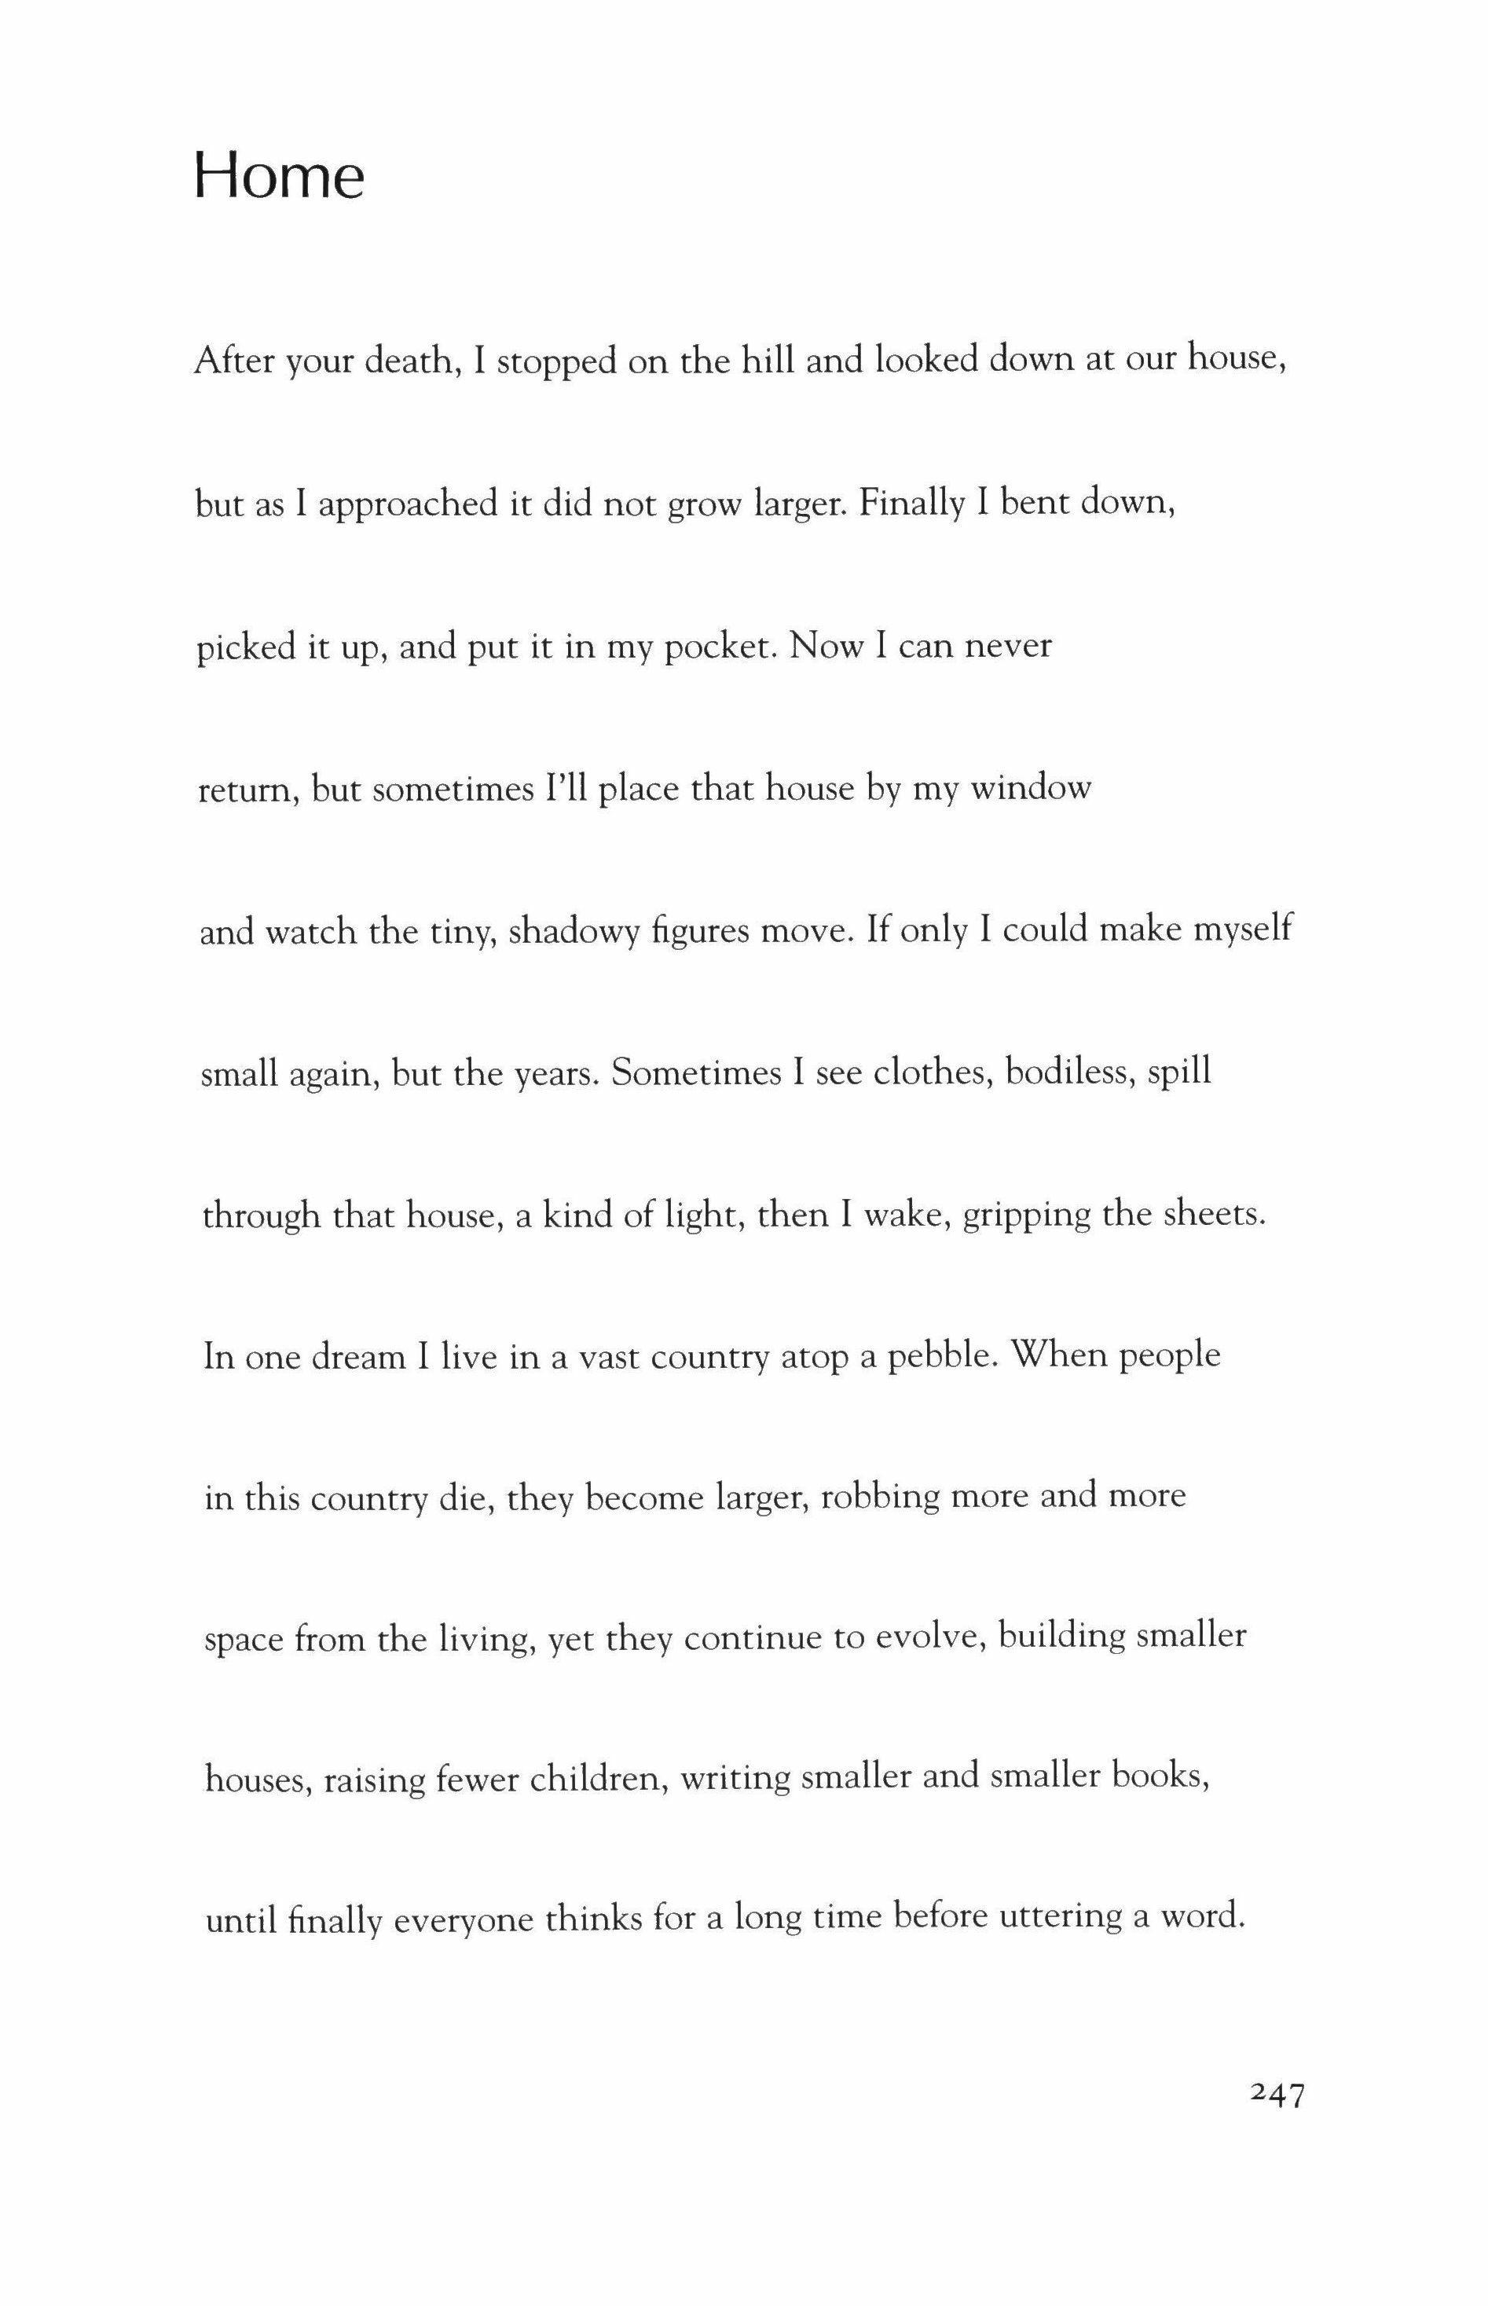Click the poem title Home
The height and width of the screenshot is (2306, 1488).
click(279, 177)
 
